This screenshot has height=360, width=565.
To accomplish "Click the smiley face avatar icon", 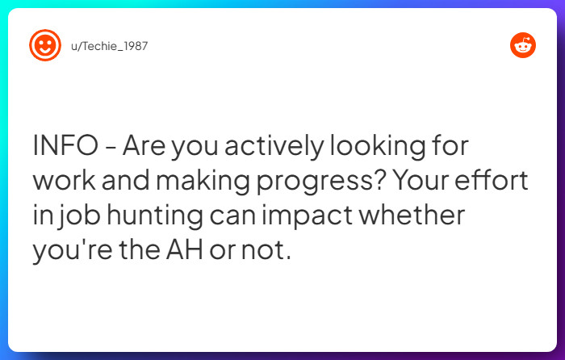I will pyautogui.click(x=45, y=45).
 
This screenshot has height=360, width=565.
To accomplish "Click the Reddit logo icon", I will pyautogui.click(x=523, y=46).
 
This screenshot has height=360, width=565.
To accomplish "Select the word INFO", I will pyautogui.click(x=63, y=147).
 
